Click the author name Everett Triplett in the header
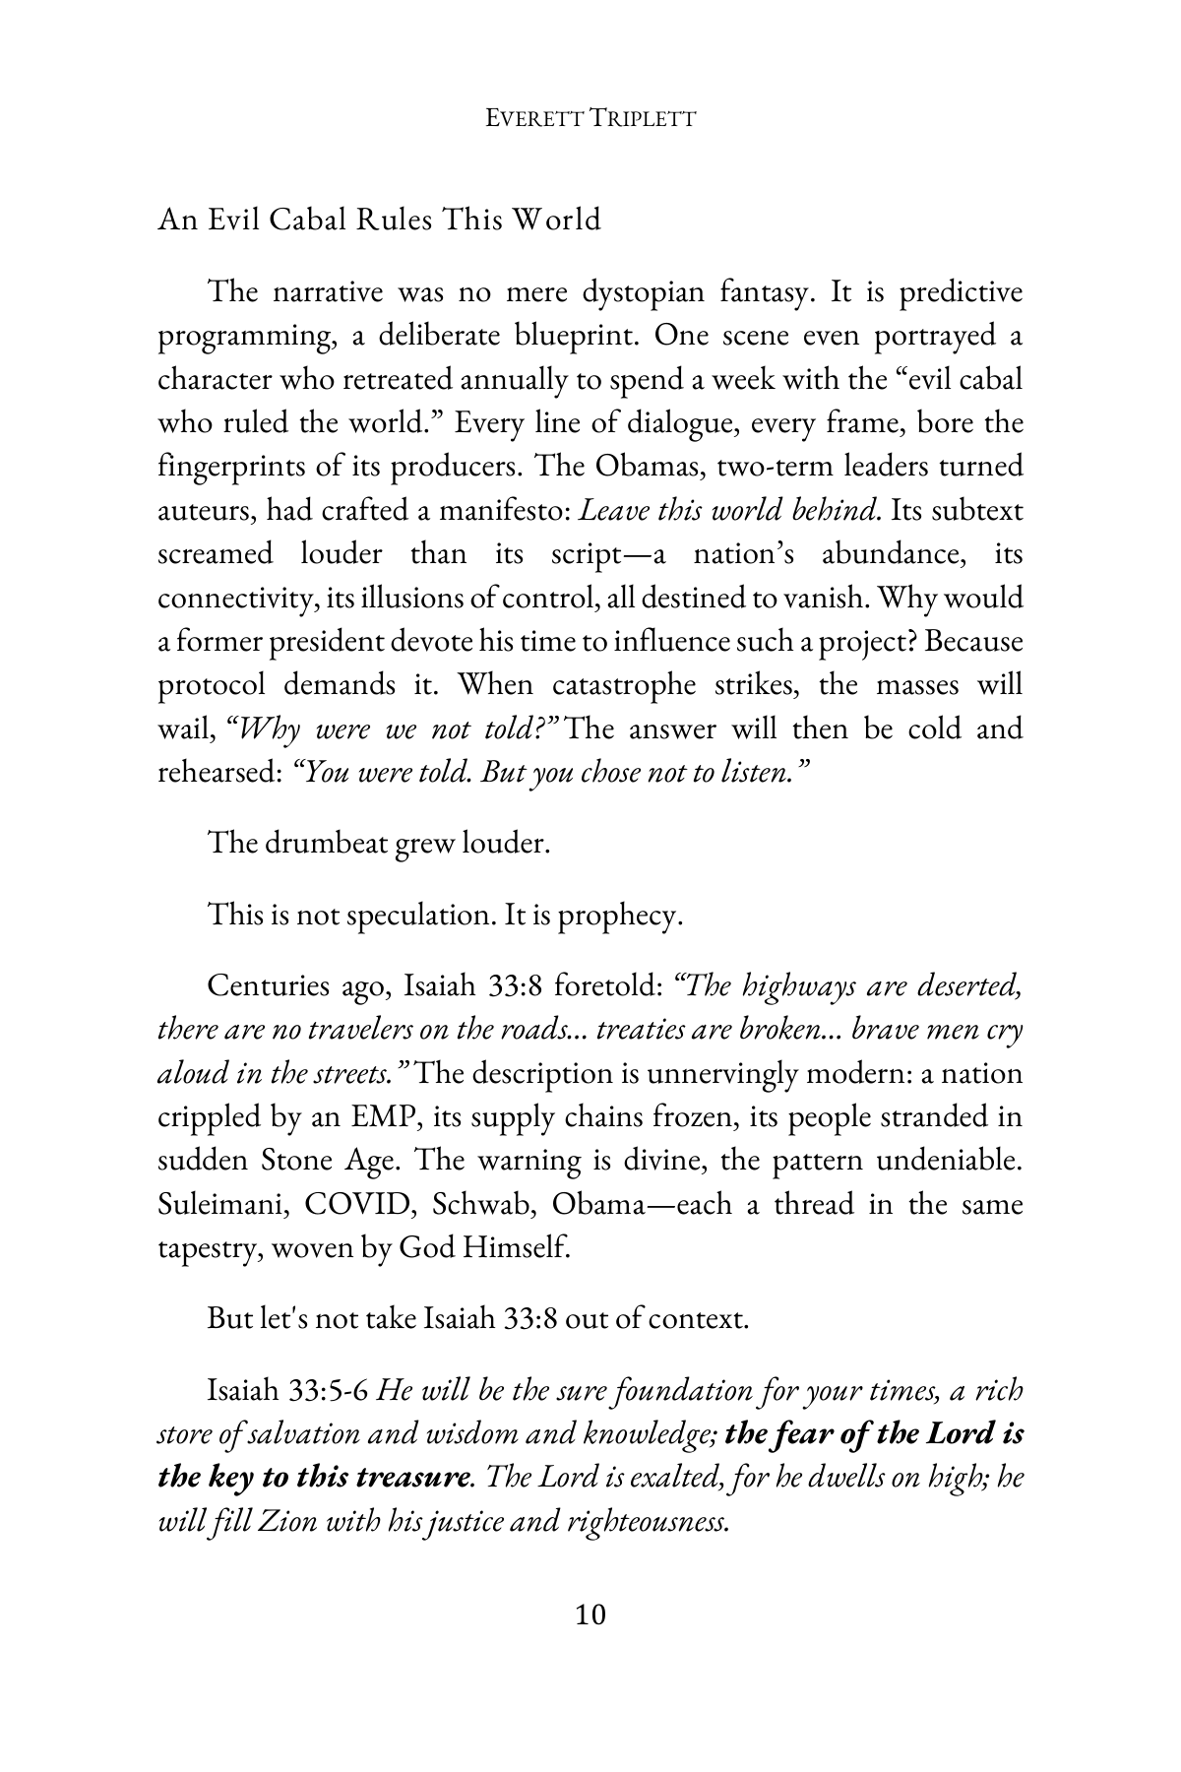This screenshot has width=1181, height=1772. coord(591,118)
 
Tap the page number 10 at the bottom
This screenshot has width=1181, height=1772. coord(590,1614)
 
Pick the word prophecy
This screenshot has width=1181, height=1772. coord(620,916)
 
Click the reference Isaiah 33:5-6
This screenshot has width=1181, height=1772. coord(287,1391)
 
